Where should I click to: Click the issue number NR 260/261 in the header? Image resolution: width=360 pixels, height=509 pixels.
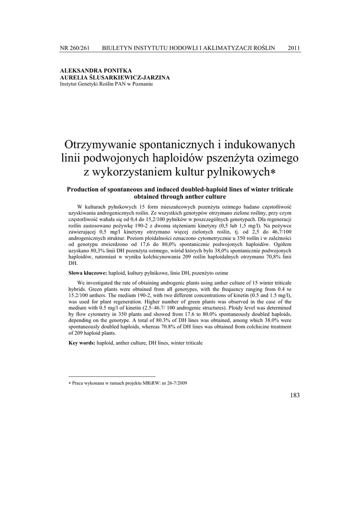coord(75,48)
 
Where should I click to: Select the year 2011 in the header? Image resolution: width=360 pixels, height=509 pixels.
coord(293,48)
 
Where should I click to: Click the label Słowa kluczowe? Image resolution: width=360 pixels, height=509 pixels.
coord(88,273)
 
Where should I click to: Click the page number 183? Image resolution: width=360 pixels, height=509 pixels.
coord(294,395)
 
